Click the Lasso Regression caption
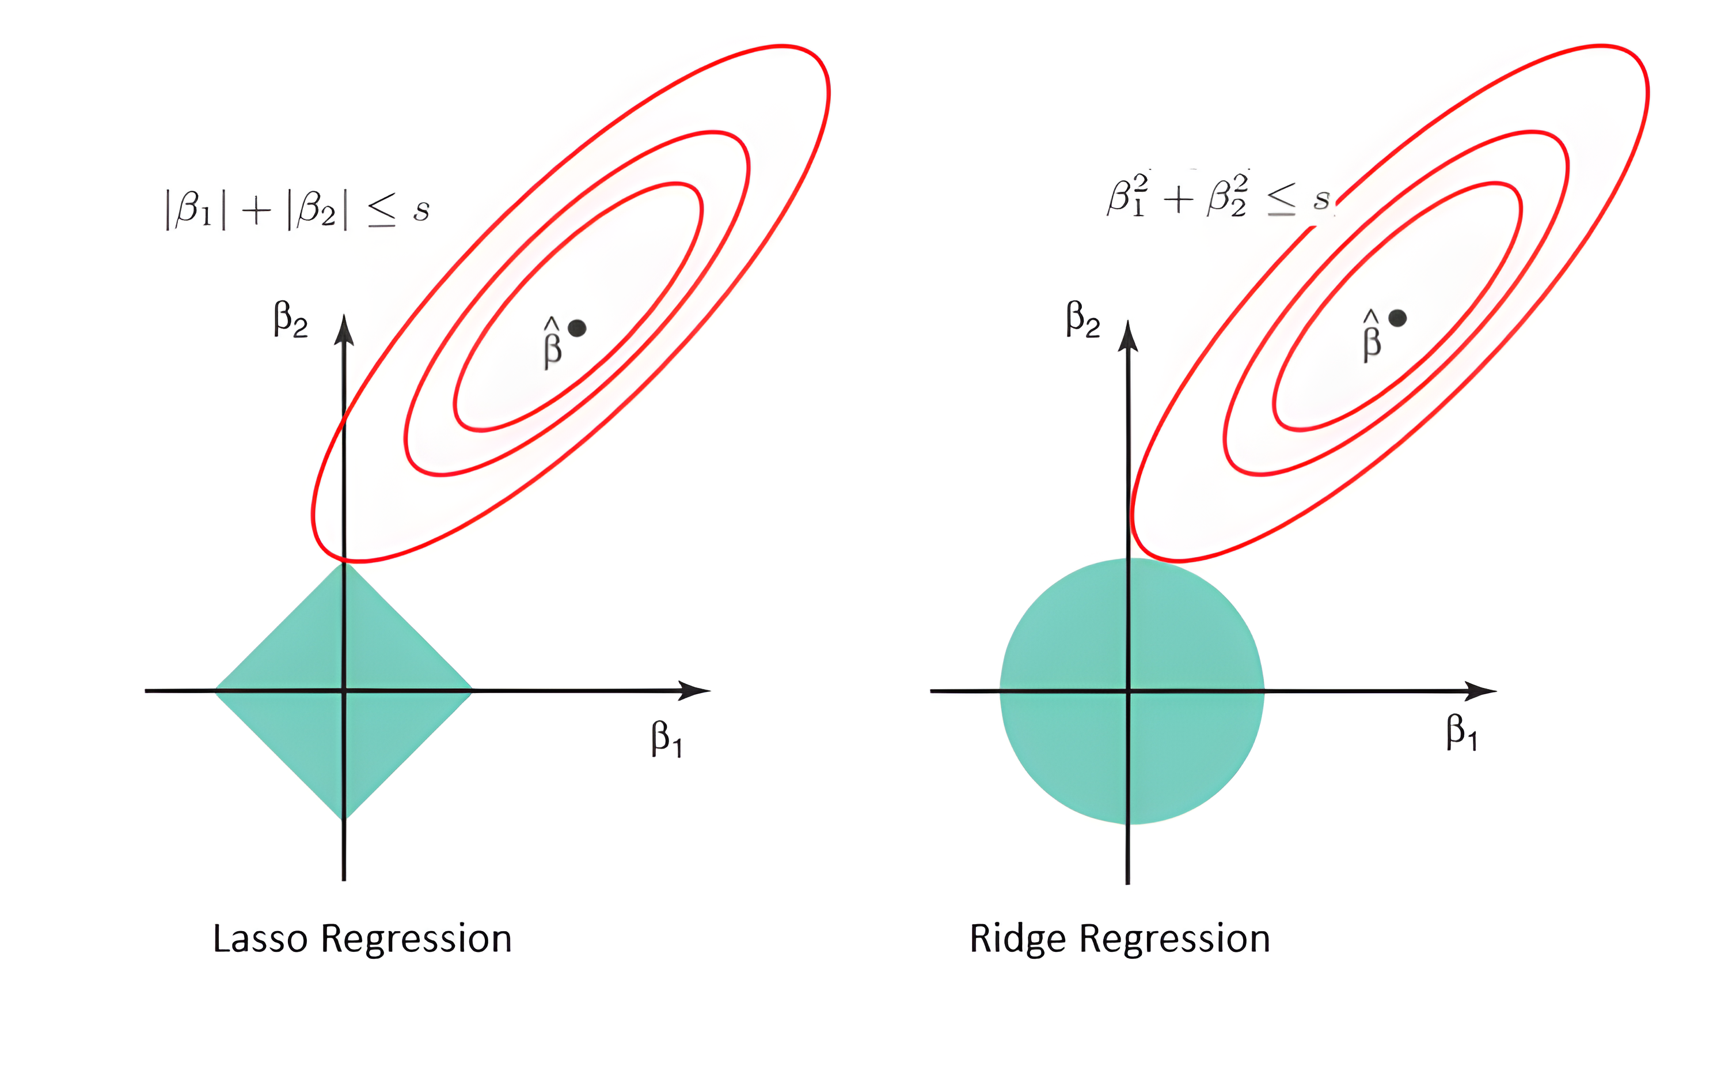click(362, 939)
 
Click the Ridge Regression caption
click(1119, 939)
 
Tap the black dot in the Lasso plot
click(577, 328)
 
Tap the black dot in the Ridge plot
click(1397, 318)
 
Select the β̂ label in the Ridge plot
click(1372, 336)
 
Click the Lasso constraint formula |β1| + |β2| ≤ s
click(297, 210)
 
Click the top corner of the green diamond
click(344, 562)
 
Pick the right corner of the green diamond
click(472, 690)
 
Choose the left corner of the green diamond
click(216, 690)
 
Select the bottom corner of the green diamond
click(344, 818)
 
